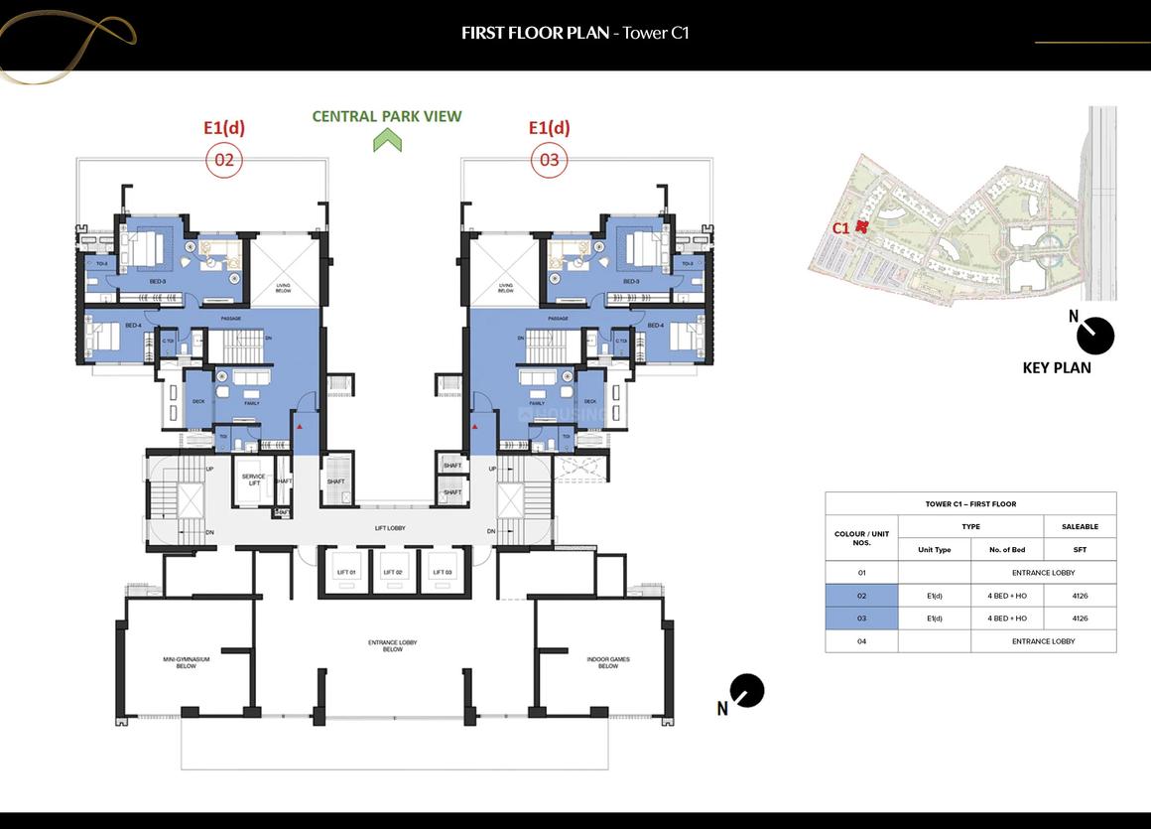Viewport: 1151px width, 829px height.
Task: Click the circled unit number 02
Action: click(x=223, y=160)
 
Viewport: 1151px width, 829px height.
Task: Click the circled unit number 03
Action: click(x=549, y=160)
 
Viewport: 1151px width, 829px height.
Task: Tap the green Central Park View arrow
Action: click(x=387, y=141)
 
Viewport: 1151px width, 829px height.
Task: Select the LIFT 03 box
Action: click(x=442, y=573)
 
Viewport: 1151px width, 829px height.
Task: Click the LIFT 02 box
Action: click(x=393, y=573)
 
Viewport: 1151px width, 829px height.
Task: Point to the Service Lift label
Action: click(x=253, y=479)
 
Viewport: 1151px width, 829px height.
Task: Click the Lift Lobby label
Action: click(x=390, y=528)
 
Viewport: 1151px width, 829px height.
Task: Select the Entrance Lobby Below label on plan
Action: click(x=392, y=645)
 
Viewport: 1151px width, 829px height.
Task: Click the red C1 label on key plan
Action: click(x=840, y=227)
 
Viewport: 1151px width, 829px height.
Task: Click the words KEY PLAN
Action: click(x=1056, y=367)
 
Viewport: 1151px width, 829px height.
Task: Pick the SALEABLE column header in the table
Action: click(x=1080, y=527)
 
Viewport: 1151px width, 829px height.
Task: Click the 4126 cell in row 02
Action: click(x=1080, y=596)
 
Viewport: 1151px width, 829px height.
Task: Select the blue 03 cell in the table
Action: click(x=861, y=619)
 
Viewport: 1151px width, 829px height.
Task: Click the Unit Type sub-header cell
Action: click(x=934, y=550)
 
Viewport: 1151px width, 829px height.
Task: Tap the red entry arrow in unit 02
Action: click(x=297, y=425)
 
